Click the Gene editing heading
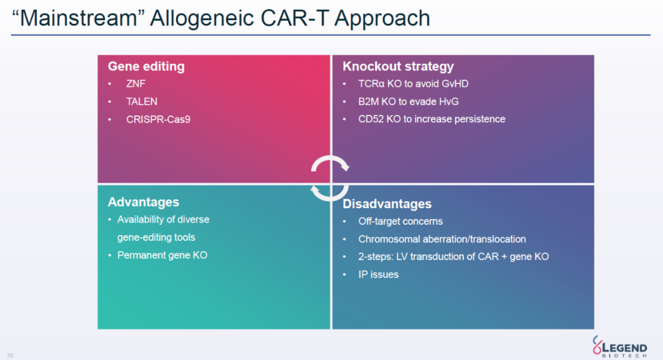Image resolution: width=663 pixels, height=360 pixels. click(x=146, y=66)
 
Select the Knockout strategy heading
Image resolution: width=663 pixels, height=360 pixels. click(x=398, y=66)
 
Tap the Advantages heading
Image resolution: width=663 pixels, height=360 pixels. click(x=143, y=202)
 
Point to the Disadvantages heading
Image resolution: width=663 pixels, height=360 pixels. click(x=387, y=204)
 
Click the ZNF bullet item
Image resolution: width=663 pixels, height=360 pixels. click(x=136, y=84)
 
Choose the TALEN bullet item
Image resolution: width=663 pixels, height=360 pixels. click(x=142, y=101)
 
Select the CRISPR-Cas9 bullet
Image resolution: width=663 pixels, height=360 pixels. click(x=158, y=119)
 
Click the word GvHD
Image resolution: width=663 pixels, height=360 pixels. click(x=455, y=84)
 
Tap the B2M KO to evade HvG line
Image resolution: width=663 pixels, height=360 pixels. click(x=408, y=101)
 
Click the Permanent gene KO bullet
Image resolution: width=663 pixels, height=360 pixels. click(x=162, y=255)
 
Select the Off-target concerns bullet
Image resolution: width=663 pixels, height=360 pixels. click(x=400, y=221)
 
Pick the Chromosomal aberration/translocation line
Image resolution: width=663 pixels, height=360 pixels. click(x=442, y=239)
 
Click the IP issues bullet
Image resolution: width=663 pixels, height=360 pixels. click(x=378, y=275)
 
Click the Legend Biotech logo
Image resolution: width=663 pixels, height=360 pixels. click(x=619, y=346)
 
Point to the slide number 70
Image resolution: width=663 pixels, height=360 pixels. click(x=10, y=356)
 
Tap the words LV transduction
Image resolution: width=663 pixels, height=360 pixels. click(x=427, y=257)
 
